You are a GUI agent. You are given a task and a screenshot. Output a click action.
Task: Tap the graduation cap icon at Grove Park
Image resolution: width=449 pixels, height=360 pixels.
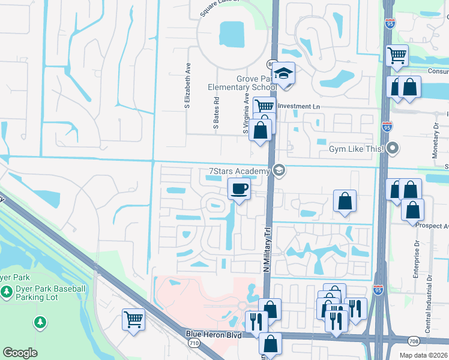282,73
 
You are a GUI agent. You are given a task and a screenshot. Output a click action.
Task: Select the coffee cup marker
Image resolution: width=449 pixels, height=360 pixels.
239,190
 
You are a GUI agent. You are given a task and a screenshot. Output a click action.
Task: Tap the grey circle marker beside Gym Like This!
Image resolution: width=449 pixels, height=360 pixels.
393,147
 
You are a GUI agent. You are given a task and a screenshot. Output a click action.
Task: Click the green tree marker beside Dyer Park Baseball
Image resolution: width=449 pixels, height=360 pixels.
7,292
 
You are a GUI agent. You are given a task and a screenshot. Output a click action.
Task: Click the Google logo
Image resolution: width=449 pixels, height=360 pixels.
20,352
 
